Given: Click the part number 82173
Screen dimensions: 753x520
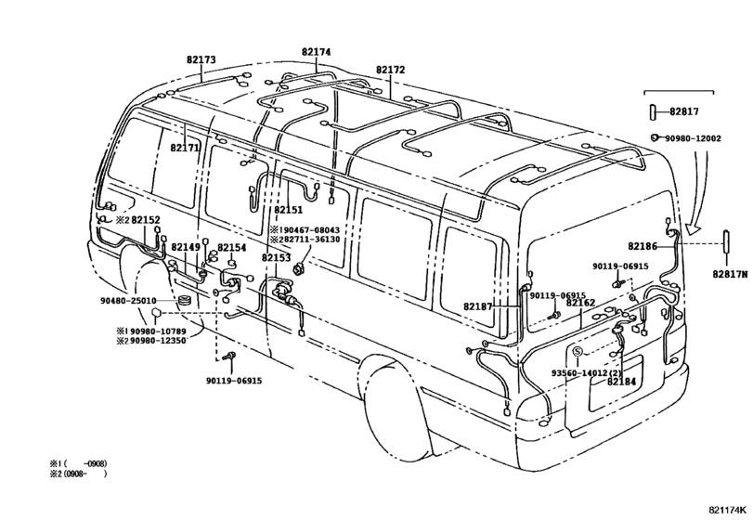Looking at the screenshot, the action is pos(201,60).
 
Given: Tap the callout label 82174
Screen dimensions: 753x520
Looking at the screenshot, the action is pos(317,52).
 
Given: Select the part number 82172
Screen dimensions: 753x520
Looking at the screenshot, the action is pos(390,70).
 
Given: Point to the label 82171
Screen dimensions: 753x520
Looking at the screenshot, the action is pos(185,148).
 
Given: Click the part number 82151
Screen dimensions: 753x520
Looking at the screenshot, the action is pos(289,210).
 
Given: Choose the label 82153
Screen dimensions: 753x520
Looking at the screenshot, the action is pos(276,258).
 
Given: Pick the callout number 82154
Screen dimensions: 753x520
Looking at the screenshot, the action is pos(232,248).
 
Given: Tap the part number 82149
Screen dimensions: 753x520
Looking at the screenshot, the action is pos(186,247).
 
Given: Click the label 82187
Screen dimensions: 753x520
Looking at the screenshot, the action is pos(478,306).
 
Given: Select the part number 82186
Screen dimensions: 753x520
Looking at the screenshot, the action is pos(643,246).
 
